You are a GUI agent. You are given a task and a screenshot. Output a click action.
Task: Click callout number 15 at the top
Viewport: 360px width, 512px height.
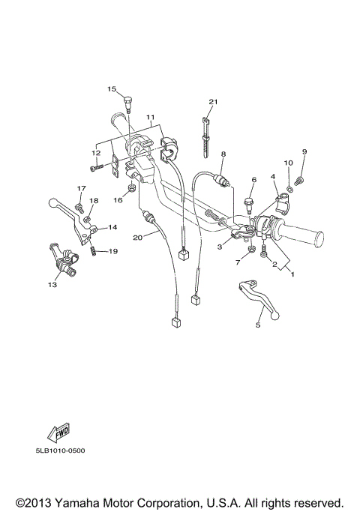click(x=112, y=90)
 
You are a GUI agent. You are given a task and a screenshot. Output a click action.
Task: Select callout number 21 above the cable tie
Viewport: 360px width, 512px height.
click(x=213, y=102)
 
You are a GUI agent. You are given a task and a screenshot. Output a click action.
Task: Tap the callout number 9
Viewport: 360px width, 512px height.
click(x=304, y=152)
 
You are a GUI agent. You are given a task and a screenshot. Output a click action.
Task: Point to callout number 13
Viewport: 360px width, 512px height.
click(x=52, y=285)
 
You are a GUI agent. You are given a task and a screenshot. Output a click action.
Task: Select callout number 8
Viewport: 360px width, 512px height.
click(x=223, y=154)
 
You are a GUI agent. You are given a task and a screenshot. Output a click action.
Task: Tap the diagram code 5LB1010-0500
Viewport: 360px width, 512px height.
click(x=61, y=452)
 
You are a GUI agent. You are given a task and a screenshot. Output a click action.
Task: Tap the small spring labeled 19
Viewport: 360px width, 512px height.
click(x=93, y=251)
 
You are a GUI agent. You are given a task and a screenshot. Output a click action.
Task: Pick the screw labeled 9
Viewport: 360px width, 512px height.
click(x=299, y=178)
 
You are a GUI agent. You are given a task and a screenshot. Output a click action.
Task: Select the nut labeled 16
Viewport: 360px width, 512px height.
click(x=132, y=188)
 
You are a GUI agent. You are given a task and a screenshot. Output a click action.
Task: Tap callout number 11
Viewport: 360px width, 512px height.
click(x=150, y=118)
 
